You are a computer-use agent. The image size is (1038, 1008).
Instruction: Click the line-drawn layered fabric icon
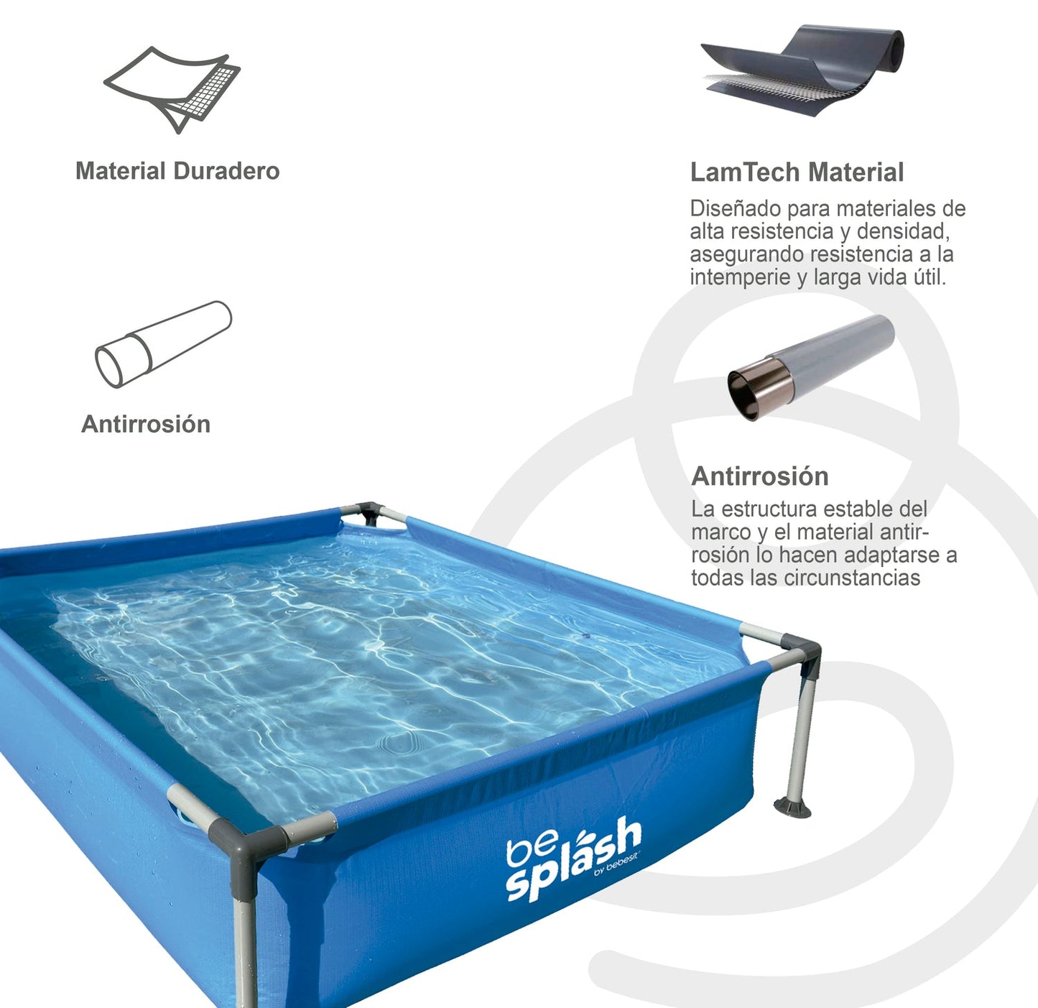pyautogui.click(x=172, y=88)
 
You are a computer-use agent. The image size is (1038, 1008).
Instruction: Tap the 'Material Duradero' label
pyautogui.click(x=177, y=171)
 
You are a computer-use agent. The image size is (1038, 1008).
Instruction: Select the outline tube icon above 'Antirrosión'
pyautogui.click(x=163, y=344)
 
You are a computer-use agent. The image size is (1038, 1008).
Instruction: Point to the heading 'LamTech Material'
pyautogui.click(x=797, y=172)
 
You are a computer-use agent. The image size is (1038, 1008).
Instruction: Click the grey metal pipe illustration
pyautogui.click(x=811, y=366)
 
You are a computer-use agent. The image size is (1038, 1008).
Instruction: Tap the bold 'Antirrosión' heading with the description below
pyautogui.click(x=759, y=476)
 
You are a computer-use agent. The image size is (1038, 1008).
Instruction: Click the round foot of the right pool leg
pyautogui.click(x=792, y=808)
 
